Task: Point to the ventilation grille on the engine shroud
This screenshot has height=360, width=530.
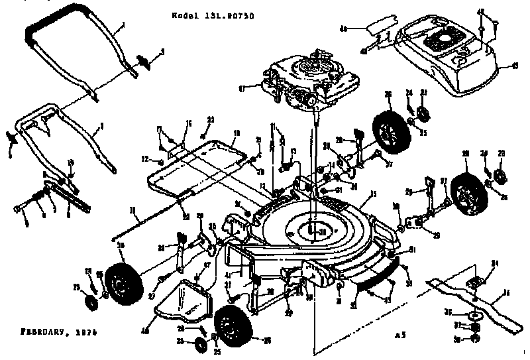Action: pyautogui.click(x=440, y=44)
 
